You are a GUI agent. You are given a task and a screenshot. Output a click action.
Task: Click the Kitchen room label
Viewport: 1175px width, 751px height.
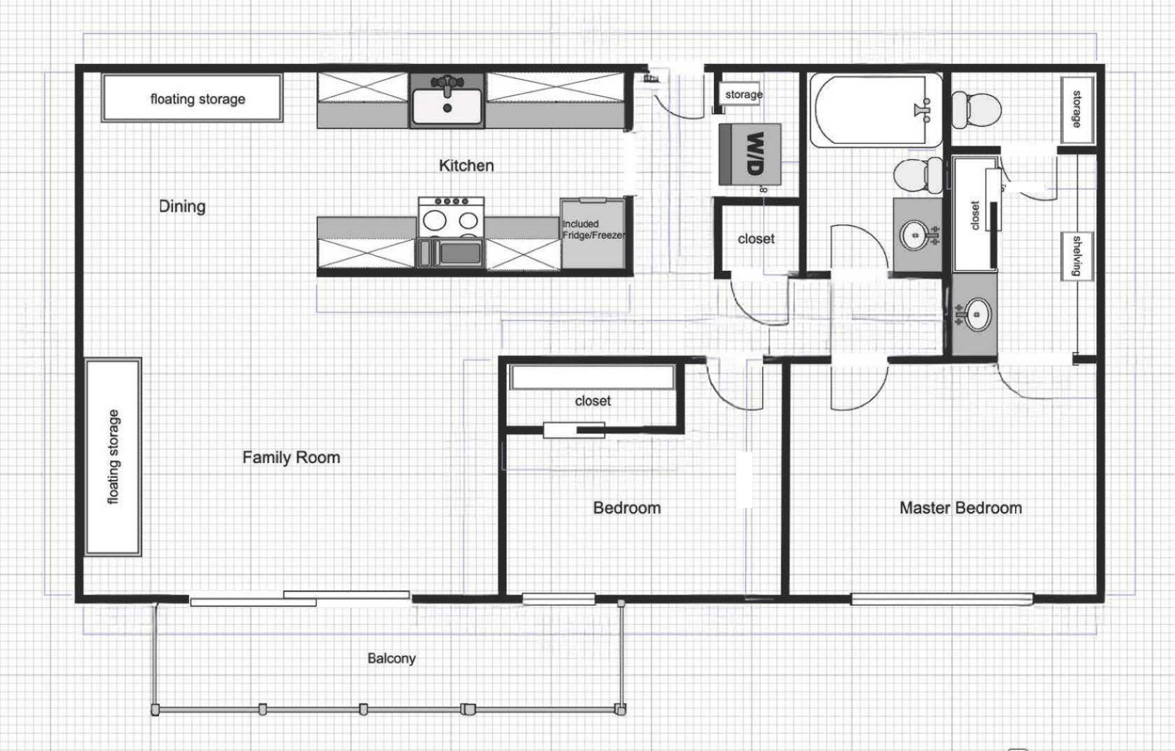tap(466, 166)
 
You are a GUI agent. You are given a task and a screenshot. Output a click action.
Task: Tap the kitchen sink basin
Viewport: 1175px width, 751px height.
tap(447, 106)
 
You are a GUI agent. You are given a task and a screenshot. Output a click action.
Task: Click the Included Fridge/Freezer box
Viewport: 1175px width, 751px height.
tap(593, 233)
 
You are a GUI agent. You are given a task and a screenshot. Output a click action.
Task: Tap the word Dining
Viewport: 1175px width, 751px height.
tap(182, 206)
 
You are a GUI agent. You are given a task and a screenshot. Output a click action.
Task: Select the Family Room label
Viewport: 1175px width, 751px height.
tap(291, 458)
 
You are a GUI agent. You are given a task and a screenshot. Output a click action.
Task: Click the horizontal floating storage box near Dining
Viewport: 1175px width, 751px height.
tap(192, 98)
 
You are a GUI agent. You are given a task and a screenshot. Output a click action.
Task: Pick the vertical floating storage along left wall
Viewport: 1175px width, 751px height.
tap(114, 457)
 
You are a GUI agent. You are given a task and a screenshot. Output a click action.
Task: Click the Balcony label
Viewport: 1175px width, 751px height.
tap(391, 659)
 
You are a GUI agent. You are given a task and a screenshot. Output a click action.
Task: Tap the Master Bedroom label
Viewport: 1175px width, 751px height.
tap(960, 508)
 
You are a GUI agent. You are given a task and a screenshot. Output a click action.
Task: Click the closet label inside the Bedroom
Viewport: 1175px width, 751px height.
tap(593, 401)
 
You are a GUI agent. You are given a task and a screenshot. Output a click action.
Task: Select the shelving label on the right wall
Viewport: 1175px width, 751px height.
tap(1077, 256)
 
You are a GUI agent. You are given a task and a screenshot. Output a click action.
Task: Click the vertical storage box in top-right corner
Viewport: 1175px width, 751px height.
tap(1077, 110)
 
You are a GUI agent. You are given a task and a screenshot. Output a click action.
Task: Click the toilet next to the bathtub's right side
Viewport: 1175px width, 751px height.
tap(976, 110)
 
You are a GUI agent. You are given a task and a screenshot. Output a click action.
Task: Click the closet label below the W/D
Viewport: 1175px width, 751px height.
tap(756, 239)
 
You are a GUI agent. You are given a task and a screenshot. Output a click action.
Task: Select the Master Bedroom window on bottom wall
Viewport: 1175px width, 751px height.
tap(941, 600)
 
